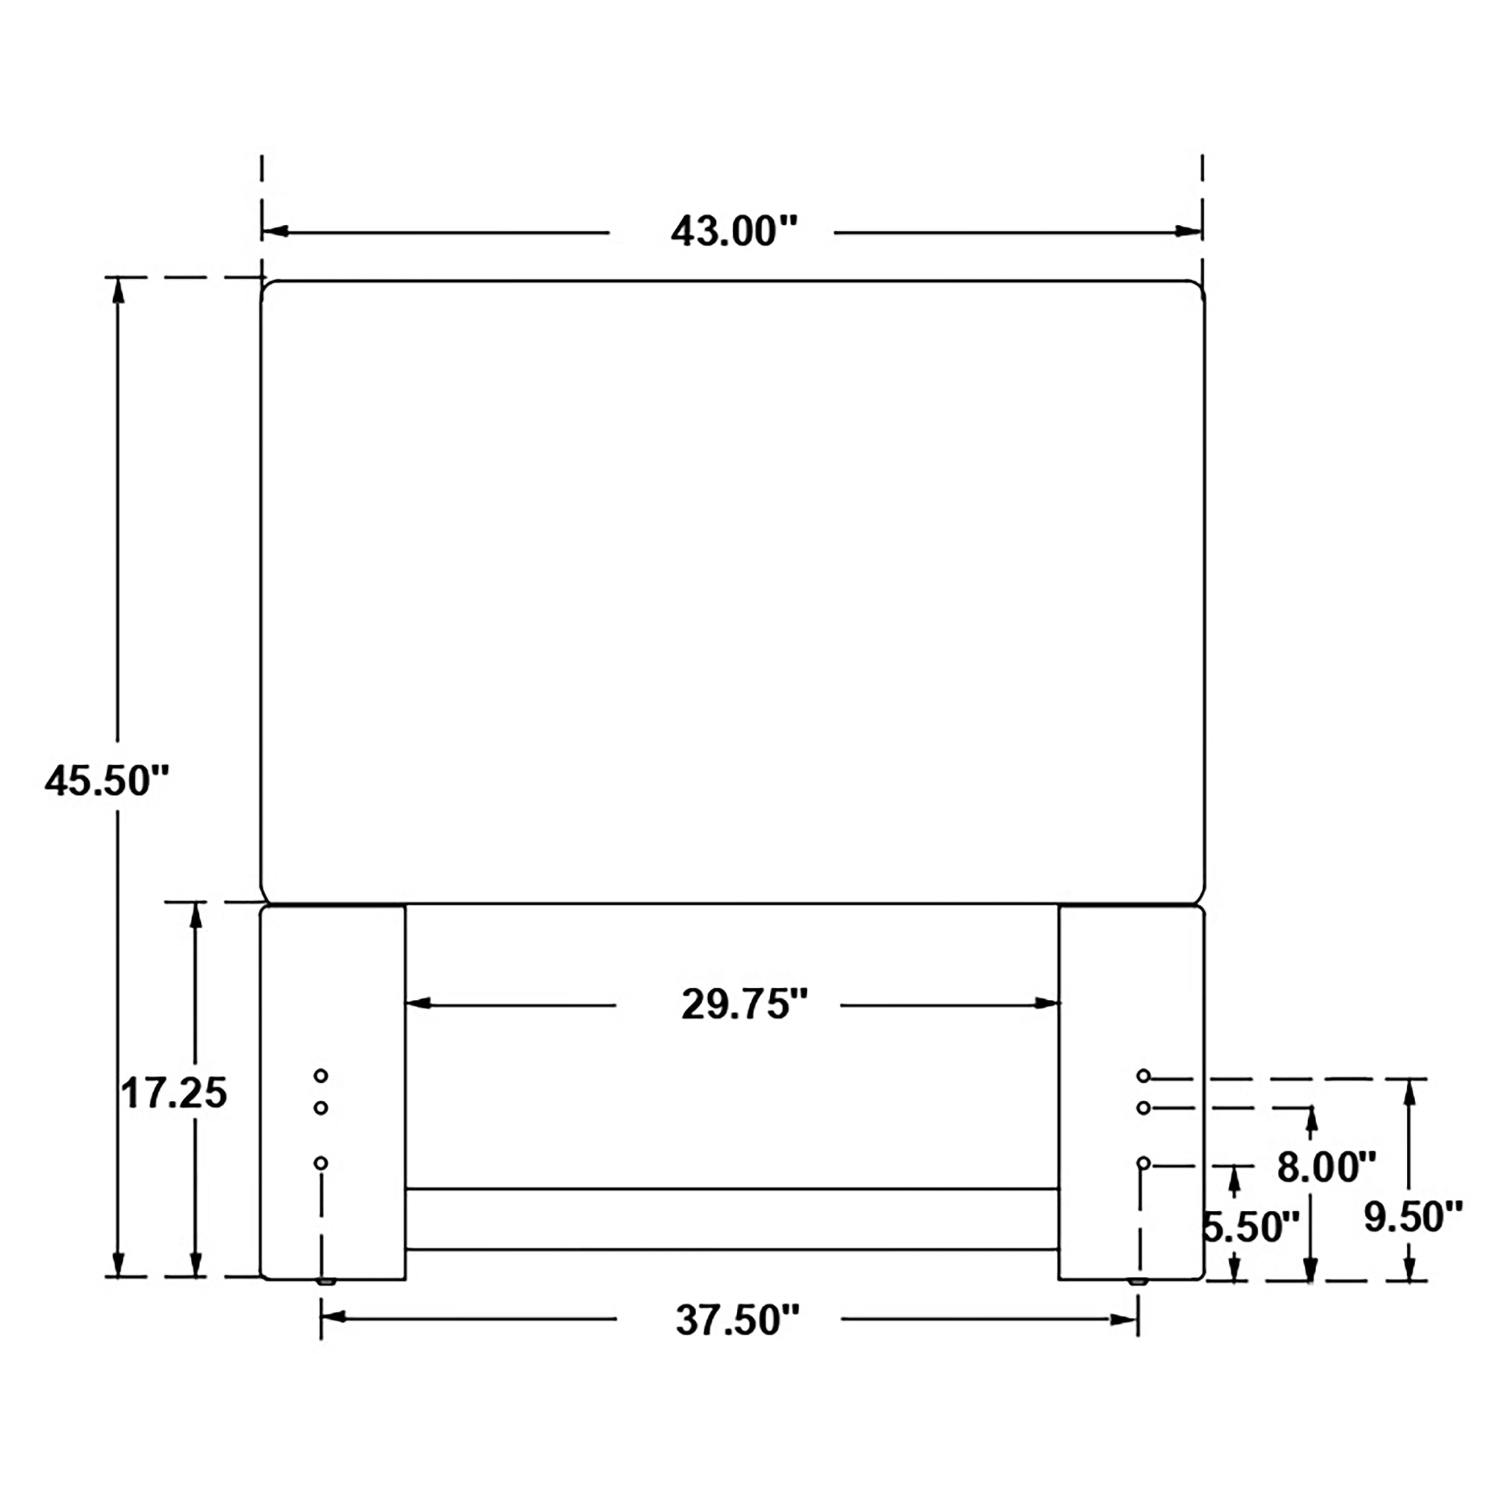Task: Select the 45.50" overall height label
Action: click(x=106, y=780)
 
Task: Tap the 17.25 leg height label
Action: click(x=174, y=1093)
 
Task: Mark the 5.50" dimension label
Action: click(x=1251, y=1227)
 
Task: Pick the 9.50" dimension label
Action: click(x=1413, y=1217)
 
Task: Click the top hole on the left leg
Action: click(x=320, y=1076)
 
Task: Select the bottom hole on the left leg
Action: click(x=320, y=1163)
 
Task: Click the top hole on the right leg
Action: click(x=1143, y=1076)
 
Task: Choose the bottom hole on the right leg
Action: click(x=1143, y=1163)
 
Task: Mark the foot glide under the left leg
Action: click(x=326, y=1281)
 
